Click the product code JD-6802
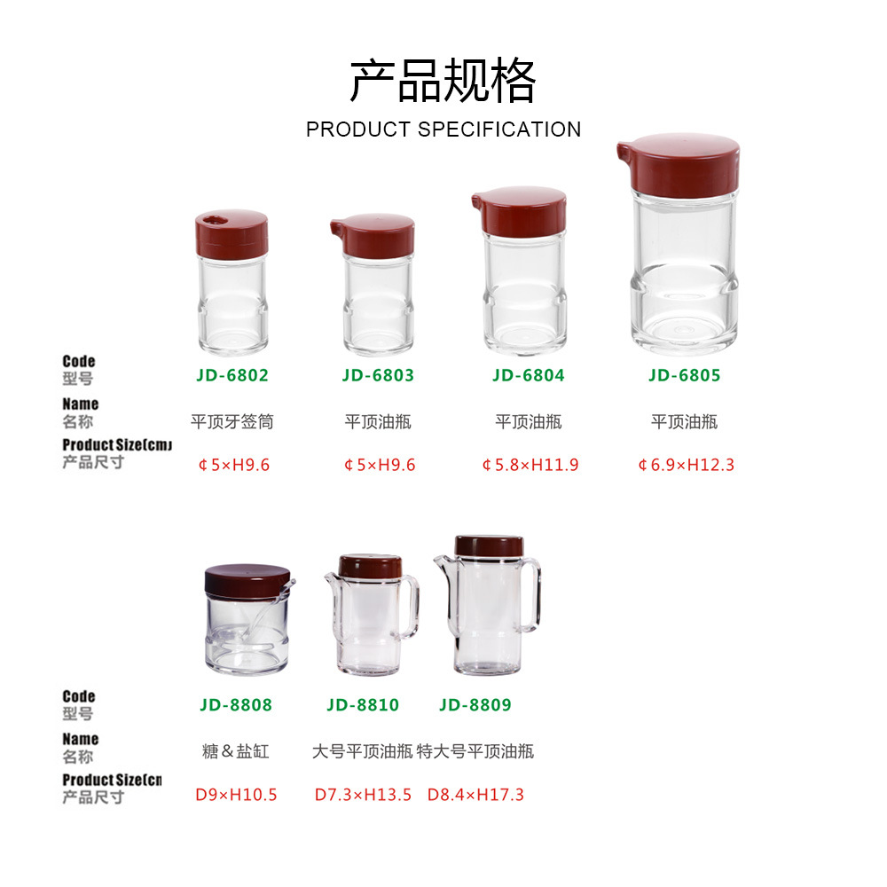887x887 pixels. (x=232, y=375)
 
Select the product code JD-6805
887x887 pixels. (x=684, y=375)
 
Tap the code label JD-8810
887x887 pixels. (x=363, y=705)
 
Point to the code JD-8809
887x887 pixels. (x=475, y=705)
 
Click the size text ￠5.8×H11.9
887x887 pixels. (x=530, y=465)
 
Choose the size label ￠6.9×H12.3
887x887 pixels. (x=686, y=465)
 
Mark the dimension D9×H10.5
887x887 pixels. (x=236, y=795)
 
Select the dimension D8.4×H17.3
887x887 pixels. (x=475, y=795)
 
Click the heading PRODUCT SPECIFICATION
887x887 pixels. (x=443, y=130)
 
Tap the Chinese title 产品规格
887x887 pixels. (x=443, y=81)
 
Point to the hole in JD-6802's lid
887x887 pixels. (x=215, y=219)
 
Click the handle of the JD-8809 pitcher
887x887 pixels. (x=531, y=594)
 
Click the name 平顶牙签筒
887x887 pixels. (x=232, y=422)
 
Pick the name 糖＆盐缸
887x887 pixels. (x=236, y=751)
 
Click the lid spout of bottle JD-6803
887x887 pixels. (x=337, y=228)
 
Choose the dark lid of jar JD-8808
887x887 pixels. (x=247, y=580)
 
